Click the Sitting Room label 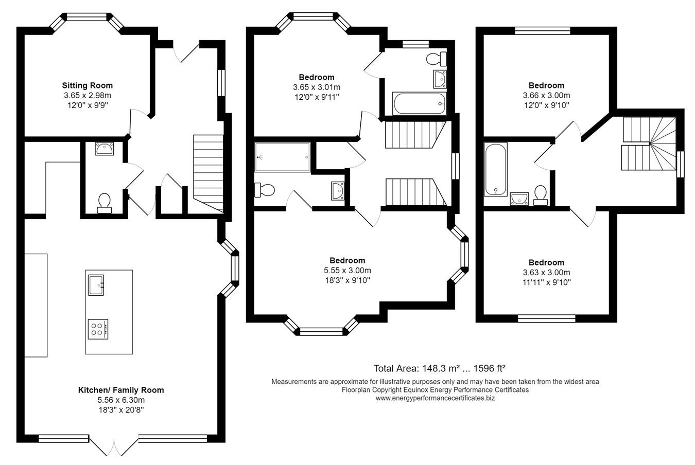coord(87,85)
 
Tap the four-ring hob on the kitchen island coord(98,329)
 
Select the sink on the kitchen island coord(96,285)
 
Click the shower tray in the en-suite coord(282,157)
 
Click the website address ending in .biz coord(435,398)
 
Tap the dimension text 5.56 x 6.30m coord(121,400)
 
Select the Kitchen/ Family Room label coord(121,390)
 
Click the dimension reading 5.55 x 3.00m coord(347,271)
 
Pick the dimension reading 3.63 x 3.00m coord(546,273)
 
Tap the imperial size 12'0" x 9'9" coord(88,105)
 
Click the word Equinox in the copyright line coord(415,390)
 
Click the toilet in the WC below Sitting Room coord(104,203)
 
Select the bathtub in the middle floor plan coord(420,103)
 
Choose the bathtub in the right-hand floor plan coord(495,169)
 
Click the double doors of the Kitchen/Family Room coord(114,446)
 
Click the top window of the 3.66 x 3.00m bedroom coord(543,31)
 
